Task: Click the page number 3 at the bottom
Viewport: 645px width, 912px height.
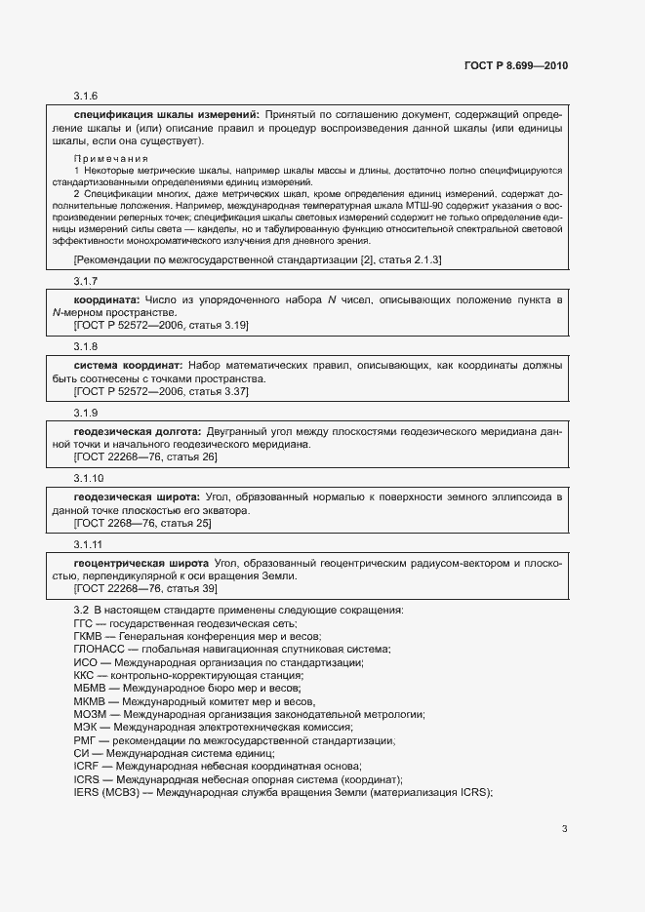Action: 564,829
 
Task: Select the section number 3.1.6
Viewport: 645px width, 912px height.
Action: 86,96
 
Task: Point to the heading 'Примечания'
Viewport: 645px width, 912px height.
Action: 111,158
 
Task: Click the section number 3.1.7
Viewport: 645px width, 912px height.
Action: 86,281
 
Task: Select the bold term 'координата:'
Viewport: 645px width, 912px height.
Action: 107,299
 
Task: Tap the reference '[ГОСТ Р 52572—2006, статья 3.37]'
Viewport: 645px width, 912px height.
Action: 147,391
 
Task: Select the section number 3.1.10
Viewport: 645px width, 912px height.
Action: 89,479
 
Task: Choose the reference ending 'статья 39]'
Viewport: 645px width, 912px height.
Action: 145,589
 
